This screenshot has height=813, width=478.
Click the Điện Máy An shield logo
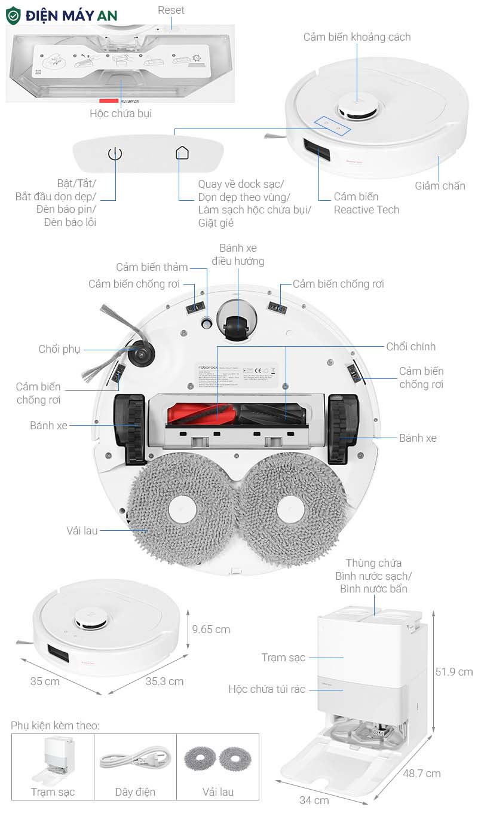click(13, 16)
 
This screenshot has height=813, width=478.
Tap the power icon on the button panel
click(115, 154)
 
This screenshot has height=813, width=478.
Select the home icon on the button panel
click(182, 154)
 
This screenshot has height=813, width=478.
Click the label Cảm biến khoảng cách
click(357, 37)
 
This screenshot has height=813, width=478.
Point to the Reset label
click(171, 10)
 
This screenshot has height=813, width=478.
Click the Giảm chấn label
click(440, 186)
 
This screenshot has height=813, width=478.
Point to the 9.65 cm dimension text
click(211, 629)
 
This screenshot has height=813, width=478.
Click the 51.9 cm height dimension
click(454, 672)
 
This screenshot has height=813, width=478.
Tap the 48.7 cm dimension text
click(421, 774)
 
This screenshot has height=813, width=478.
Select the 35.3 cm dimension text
click(164, 681)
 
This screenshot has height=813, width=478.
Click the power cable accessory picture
click(135, 760)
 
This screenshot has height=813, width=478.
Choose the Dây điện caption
click(135, 792)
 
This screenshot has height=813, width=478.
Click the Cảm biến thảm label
click(152, 267)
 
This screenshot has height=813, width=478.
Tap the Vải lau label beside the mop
click(82, 530)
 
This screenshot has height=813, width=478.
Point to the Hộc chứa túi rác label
click(266, 689)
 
